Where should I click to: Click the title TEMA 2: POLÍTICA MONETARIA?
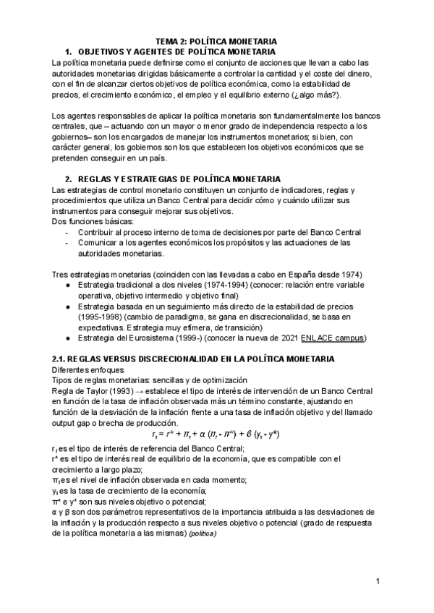(x=216, y=42)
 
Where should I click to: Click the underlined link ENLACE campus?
(x=334, y=338)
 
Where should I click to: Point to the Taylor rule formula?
(x=216, y=434)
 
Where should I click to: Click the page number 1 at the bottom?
(x=378, y=581)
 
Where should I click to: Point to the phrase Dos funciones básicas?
(x=83, y=221)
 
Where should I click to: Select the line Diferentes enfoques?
(x=84, y=370)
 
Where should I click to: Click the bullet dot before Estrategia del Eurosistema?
(x=68, y=338)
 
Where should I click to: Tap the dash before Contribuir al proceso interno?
(x=67, y=232)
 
